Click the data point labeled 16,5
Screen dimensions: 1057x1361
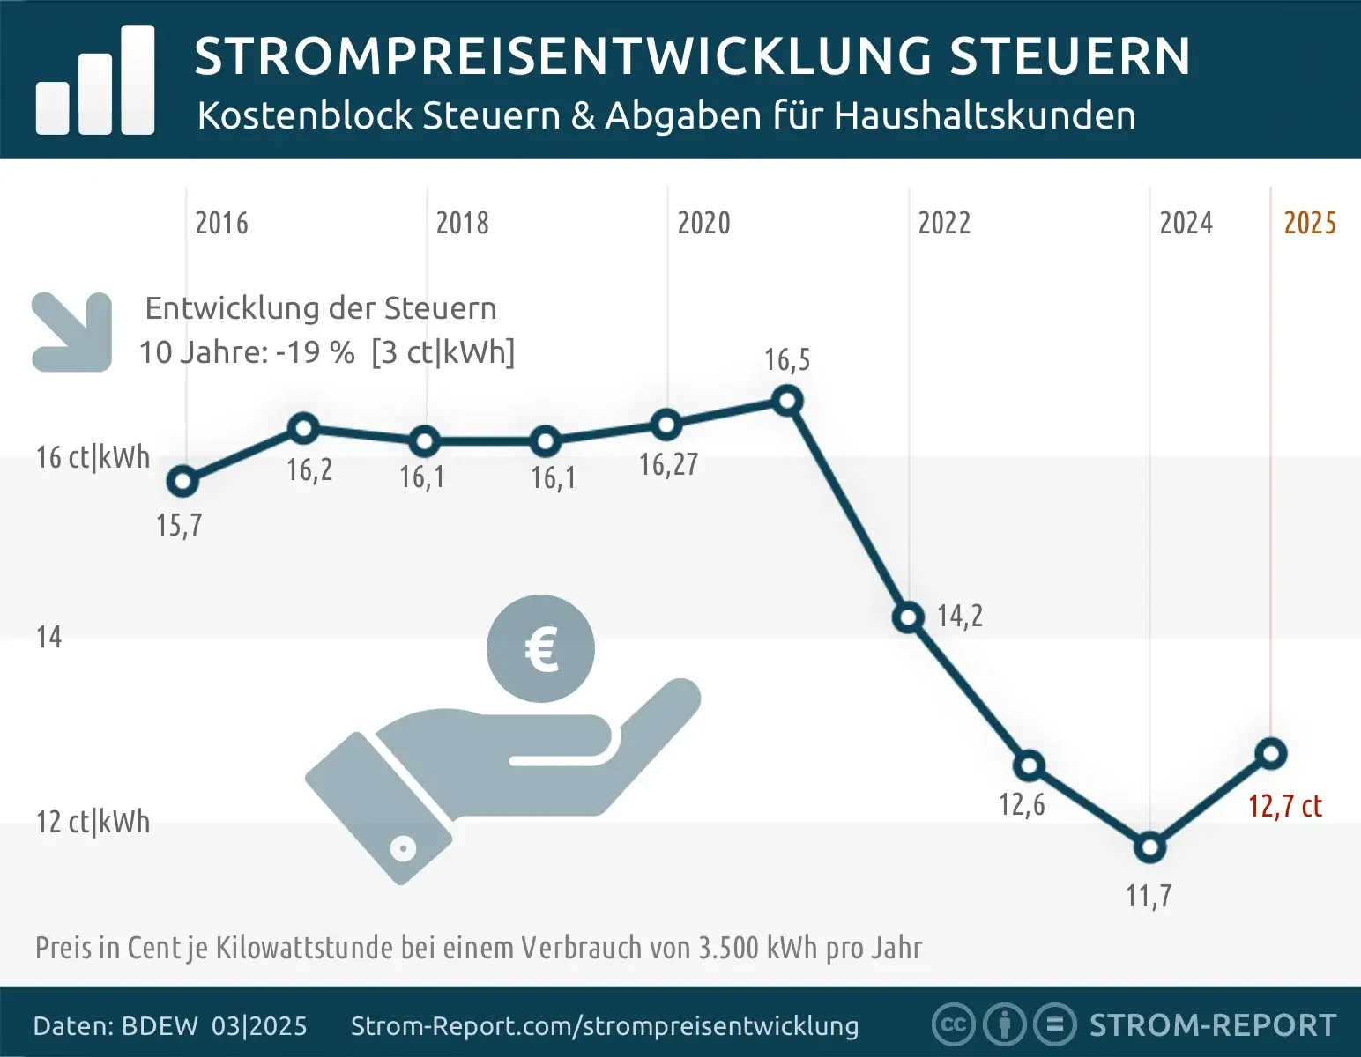(x=787, y=402)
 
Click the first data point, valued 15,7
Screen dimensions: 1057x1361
(x=182, y=481)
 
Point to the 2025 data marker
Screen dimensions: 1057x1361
(x=1271, y=753)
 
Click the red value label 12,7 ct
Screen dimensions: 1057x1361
(x=1284, y=806)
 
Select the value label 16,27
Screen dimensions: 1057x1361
(x=668, y=464)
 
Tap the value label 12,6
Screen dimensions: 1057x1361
(x=1022, y=804)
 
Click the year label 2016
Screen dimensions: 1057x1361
(x=221, y=224)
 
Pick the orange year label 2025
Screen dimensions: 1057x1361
(x=1310, y=224)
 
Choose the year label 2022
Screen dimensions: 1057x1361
(x=944, y=224)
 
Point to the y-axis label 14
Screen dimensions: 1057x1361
(x=49, y=637)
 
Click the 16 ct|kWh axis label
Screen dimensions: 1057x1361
(x=93, y=458)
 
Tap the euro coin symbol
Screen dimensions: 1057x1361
(x=540, y=649)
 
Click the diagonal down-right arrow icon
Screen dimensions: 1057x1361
(x=72, y=332)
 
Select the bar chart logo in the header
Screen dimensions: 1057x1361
(x=95, y=81)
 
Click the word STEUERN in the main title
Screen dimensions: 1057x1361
(x=1070, y=56)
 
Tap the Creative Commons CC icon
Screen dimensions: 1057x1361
(x=952, y=1024)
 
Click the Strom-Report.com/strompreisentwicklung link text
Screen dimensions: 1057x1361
(x=605, y=1026)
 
